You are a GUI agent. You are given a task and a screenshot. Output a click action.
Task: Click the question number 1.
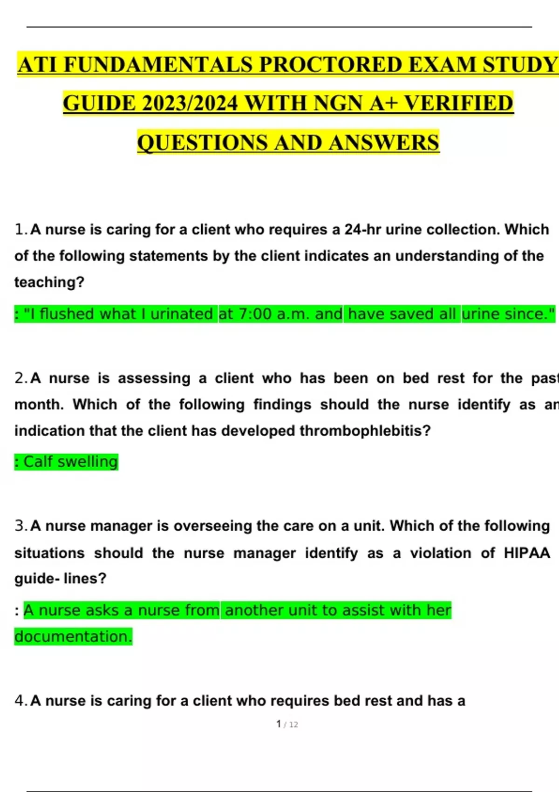[x=20, y=229]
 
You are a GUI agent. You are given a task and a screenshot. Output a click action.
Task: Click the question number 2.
[x=20, y=378]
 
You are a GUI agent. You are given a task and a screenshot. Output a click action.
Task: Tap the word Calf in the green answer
[x=38, y=462]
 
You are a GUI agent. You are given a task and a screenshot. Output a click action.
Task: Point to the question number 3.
[x=20, y=526]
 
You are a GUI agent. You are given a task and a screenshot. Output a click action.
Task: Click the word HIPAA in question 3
[x=527, y=553]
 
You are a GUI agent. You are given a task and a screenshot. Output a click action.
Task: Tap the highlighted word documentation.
[x=73, y=636]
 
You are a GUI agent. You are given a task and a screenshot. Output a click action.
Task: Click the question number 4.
[x=20, y=700]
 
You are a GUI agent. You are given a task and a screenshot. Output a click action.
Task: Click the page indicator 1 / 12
[x=287, y=724]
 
